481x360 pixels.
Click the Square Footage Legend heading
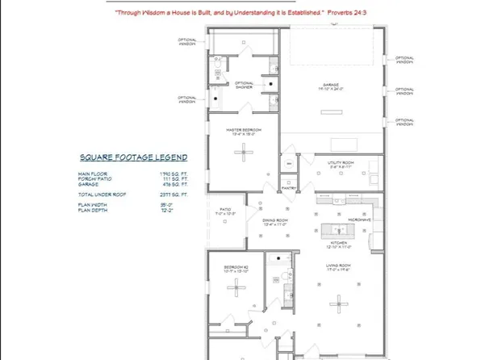pyautogui.click(x=133, y=157)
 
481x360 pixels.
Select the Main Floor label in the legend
pyautogui.click(x=92, y=174)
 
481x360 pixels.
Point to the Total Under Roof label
pyautogui.click(x=99, y=195)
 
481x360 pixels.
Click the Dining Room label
pyautogui.click(x=277, y=220)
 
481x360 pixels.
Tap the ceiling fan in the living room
pyautogui.click(x=337, y=302)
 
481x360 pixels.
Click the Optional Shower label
pyautogui.click(x=245, y=84)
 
